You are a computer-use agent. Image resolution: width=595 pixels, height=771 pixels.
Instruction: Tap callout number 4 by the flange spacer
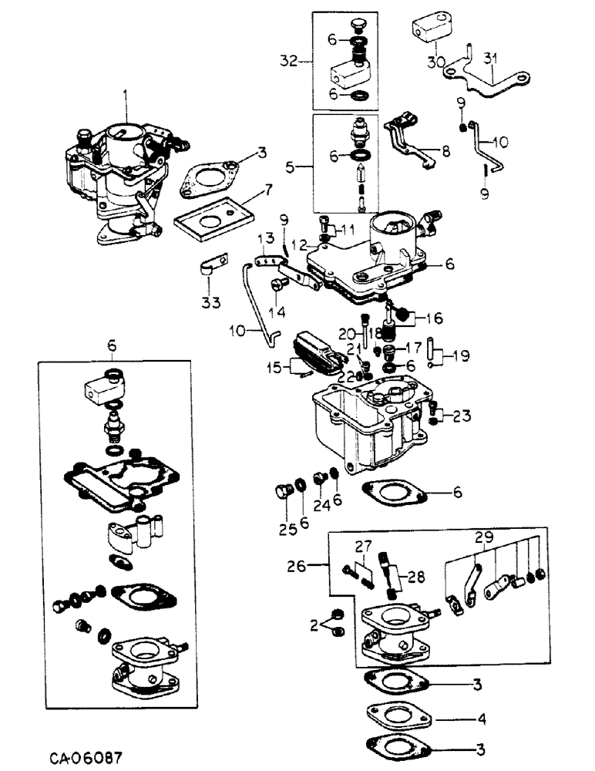click(x=481, y=720)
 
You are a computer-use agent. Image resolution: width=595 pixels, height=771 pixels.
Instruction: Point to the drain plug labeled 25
click(x=283, y=491)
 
